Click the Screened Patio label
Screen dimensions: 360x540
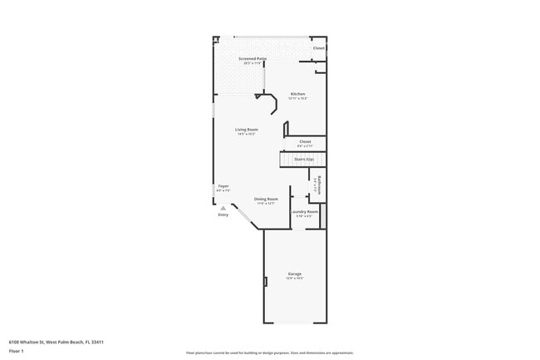coord(253,59)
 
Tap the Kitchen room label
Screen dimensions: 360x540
coord(297,94)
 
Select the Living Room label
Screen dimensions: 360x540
coord(246,130)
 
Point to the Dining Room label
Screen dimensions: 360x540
coord(266,200)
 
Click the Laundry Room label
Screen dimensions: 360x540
coord(304,211)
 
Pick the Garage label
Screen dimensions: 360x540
coord(294,274)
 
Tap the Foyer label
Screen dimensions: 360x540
coord(223,186)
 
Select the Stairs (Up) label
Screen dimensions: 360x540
coord(303,159)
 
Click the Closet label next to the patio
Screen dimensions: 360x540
coord(318,48)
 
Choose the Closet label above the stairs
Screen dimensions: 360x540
coord(305,141)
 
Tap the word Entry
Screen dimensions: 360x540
coord(223,215)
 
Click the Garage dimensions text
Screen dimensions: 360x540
coord(295,278)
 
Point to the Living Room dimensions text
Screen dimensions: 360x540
coord(246,134)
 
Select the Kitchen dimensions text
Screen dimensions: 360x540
coord(297,98)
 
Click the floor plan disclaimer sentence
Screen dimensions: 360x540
coord(269,353)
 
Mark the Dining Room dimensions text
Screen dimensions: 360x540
coord(266,204)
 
